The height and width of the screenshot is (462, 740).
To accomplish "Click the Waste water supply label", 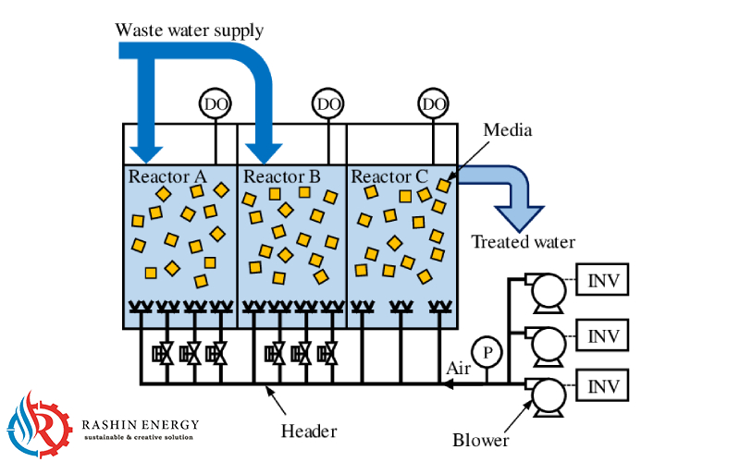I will tap(189, 30).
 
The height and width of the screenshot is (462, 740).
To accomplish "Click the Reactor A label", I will tap(167, 176).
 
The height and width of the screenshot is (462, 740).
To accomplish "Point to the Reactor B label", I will tap(281, 176).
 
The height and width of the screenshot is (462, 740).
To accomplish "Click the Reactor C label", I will tap(389, 176).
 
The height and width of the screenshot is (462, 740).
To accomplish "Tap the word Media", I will tap(508, 130).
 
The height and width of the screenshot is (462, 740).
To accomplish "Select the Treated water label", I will tap(524, 243).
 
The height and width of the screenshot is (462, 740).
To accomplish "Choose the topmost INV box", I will tap(603, 280).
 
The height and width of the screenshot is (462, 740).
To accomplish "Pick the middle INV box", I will tap(603, 333).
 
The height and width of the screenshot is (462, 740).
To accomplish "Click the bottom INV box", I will tap(603, 383).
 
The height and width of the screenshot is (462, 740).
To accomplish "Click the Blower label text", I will tap(481, 440).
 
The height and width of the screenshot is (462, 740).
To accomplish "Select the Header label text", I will tap(308, 431).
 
